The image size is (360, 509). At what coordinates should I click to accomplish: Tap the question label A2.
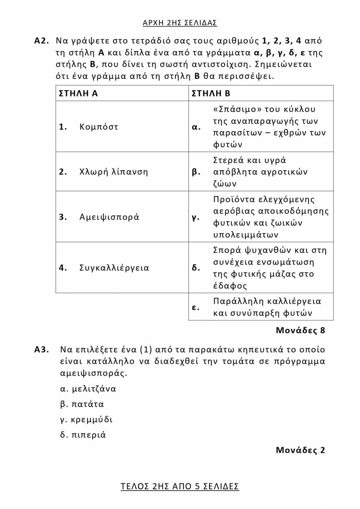pyautogui.click(x=43, y=41)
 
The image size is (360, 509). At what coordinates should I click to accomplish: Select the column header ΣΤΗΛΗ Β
pyautogui.click(x=211, y=93)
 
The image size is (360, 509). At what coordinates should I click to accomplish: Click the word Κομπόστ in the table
pyautogui.click(x=99, y=127)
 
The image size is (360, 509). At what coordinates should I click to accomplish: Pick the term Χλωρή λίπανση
pyautogui.click(x=114, y=172)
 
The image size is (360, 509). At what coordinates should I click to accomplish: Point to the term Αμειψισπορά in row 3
pyautogui.click(x=109, y=217)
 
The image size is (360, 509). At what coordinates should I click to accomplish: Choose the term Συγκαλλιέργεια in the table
pyautogui.click(x=114, y=268)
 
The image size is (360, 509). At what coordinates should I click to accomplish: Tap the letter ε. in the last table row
pyautogui.click(x=195, y=307)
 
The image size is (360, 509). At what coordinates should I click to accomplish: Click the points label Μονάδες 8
pyautogui.click(x=300, y=331)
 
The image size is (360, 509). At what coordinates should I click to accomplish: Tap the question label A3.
pyautogui.click(x=43, y=349)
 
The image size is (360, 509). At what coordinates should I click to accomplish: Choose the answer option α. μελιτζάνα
pyautogui.click(x=88, y=389)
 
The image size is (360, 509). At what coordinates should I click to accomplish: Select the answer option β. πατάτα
pyautogui.click(x=82, y=404)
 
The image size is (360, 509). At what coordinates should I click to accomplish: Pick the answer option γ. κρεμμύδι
pyautogui.click(x=87, y=419)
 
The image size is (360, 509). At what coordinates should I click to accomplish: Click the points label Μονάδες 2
pyautogui.click(x=300, y=450)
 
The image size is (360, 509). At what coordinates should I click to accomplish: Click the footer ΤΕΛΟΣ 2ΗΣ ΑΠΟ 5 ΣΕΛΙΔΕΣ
pyautogui.click(x=180, y=486)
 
